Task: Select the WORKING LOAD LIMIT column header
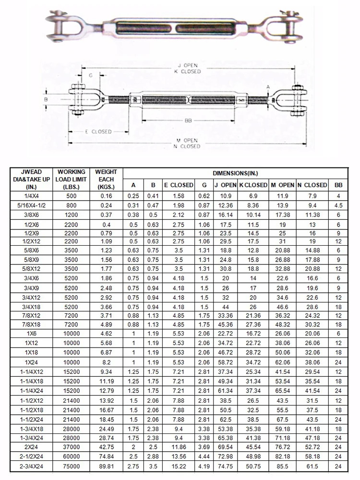click(x=71, y=179)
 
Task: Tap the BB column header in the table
click(x=338, y=185)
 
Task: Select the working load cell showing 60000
click(x=71, y=457)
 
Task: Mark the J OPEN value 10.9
click(x=225, y=196)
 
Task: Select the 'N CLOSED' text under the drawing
click(x=187, y=146)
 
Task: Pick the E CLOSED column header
click(x=179, y=185)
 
